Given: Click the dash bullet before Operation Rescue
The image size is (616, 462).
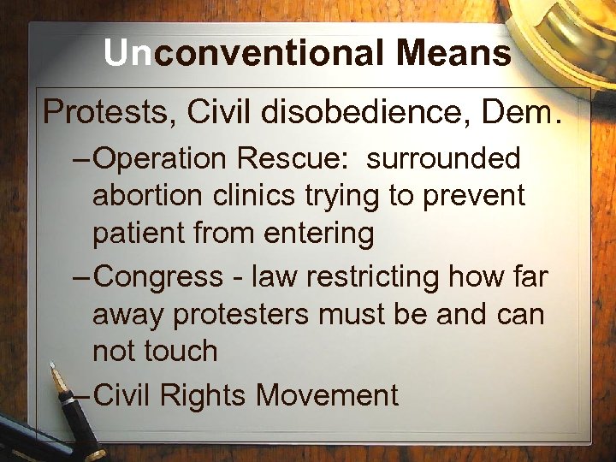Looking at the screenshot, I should click(81, 158).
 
